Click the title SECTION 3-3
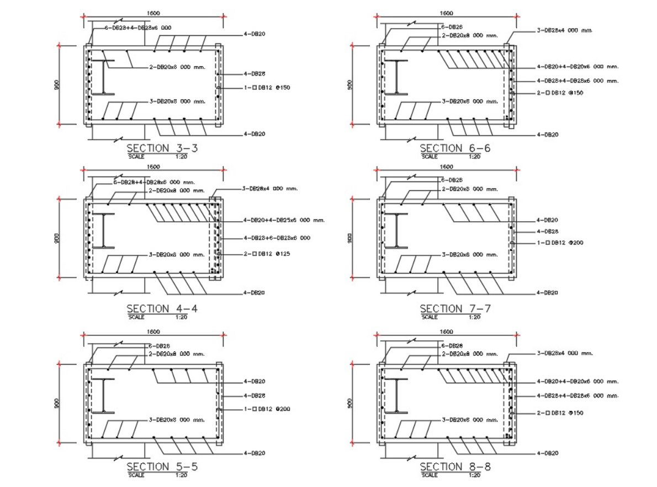pyautogui.click(x=162, y=148)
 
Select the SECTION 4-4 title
pyautogui.click(x=162, y=308)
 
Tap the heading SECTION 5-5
pyautogui.click(x=162, y=467)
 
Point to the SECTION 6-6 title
pyautogui.click(x=455, y=148)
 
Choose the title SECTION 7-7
pyautogui.click(x=455, y=308)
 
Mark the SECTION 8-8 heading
pyautogui.click(x=455, y=467)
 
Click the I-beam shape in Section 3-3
pyautogui.click(x=103, y=77)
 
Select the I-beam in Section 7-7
pyautogui.click(x=396, y=231)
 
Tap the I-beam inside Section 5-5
pyautogui.click(x=103, y=395)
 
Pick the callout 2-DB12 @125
pyautogui.click(x=267, y=254)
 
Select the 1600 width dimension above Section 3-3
pyautogui.click(x=153, y=13)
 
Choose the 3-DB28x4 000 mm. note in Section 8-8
pyautogui.click(x=564, y=353)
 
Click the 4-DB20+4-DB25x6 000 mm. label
pyautogui.click(x=284, y=220)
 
